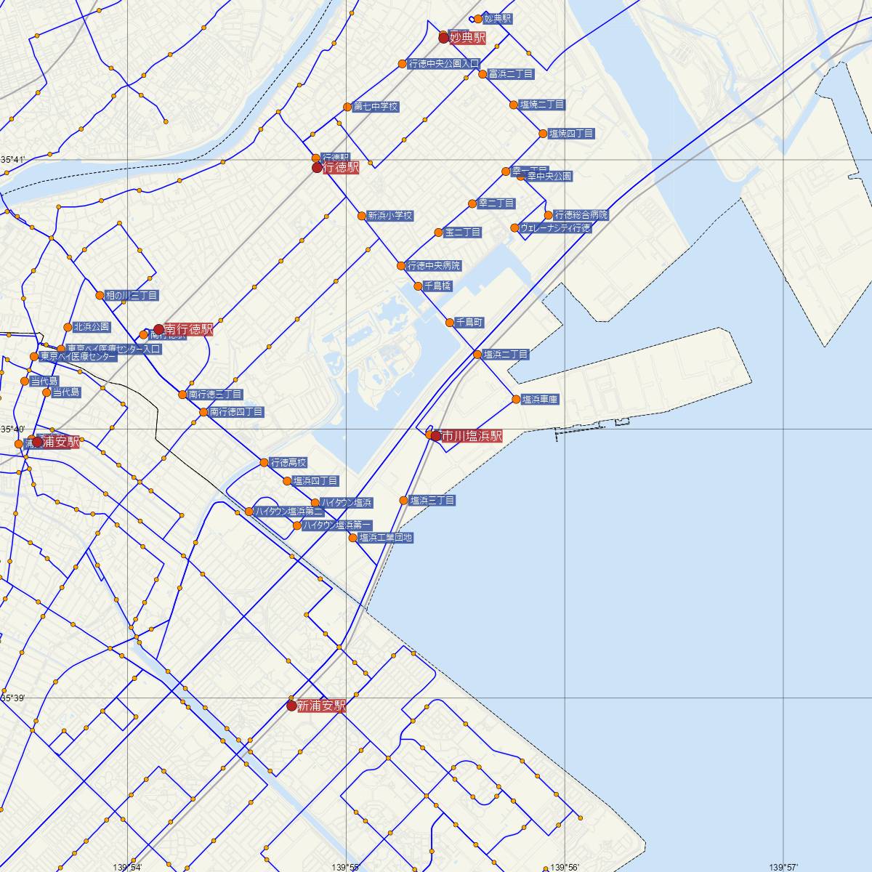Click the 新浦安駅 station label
(x=320, y=706)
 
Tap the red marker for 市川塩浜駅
(x=435, y=436)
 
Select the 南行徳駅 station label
(x=189, y=329)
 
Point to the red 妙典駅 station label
(x=467, y=38)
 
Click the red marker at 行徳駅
(x=316, y=168)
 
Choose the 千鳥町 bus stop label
(x=469, y=322)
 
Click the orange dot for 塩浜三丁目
(x=404, y=500)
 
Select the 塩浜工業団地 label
(x=386, y=538)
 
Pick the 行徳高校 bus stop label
(x=288, y=462)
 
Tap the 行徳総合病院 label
(x=581, y=215)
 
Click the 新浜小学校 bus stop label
(x=390, y=216)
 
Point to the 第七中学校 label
(x=376, y=107)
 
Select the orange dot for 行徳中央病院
(x=401, y=266)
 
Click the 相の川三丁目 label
(x=132, y=296)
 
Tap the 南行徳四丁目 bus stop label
(x=236, y=412)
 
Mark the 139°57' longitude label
(x=788, y=867)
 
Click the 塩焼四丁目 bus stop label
(x=571, y=134)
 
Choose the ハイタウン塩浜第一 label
(x=337, y=525)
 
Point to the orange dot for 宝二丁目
(x=438, y=233)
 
